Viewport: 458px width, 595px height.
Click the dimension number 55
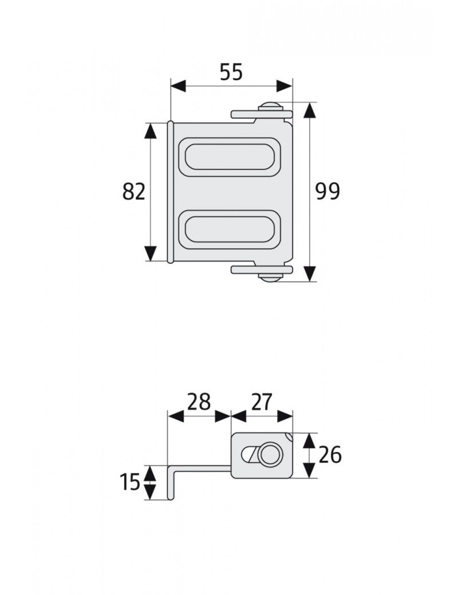231,72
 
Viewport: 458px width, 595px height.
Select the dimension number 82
134,192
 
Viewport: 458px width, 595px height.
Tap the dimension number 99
327,192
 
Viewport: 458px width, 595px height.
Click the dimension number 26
330,455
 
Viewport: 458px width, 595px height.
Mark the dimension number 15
131,482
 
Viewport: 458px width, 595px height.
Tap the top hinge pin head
270,106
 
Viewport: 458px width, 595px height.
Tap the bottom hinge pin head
270,278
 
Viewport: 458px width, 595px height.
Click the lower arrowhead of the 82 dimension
151,252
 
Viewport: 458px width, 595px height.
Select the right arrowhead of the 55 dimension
284,86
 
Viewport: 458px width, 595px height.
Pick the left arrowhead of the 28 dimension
175,416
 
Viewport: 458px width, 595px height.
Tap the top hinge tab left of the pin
244,114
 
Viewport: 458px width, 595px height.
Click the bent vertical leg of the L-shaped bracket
170,483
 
